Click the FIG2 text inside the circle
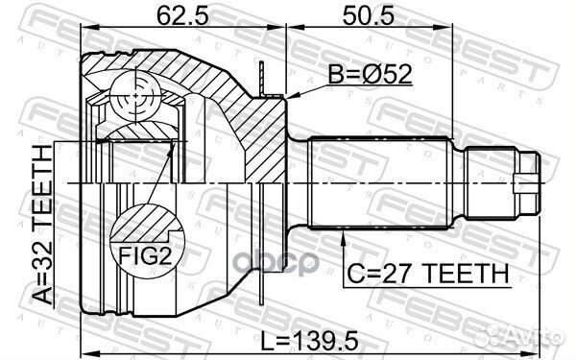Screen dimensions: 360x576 143,254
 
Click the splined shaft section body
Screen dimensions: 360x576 384,181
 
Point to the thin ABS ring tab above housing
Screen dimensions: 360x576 262,77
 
